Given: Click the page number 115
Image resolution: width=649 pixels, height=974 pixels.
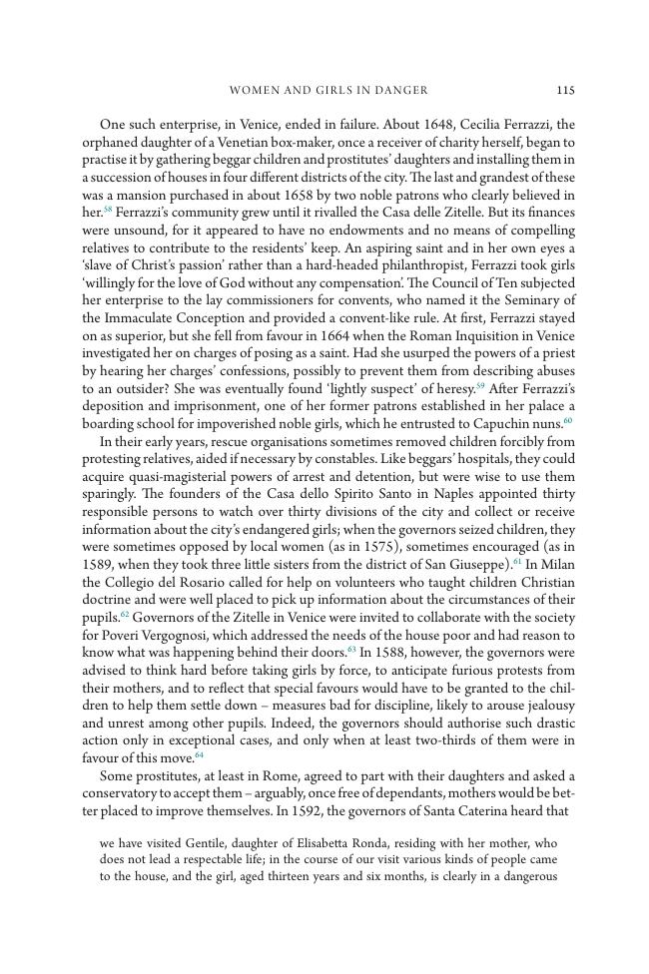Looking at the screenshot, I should coord(565,90).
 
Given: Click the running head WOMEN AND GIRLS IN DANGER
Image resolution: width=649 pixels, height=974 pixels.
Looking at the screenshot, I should coord(328,90).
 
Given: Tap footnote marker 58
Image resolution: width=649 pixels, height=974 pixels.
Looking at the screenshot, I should coord(108,210).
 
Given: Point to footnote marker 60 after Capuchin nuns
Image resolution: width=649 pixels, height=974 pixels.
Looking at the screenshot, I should coord(568,420).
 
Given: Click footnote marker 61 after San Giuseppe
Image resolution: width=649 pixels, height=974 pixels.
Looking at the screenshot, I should coord(517,563).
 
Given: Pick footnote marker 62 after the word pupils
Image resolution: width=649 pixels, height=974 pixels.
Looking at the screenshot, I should coord(125,614).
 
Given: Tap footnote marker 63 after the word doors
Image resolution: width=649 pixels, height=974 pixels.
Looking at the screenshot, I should coord(351,650).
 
